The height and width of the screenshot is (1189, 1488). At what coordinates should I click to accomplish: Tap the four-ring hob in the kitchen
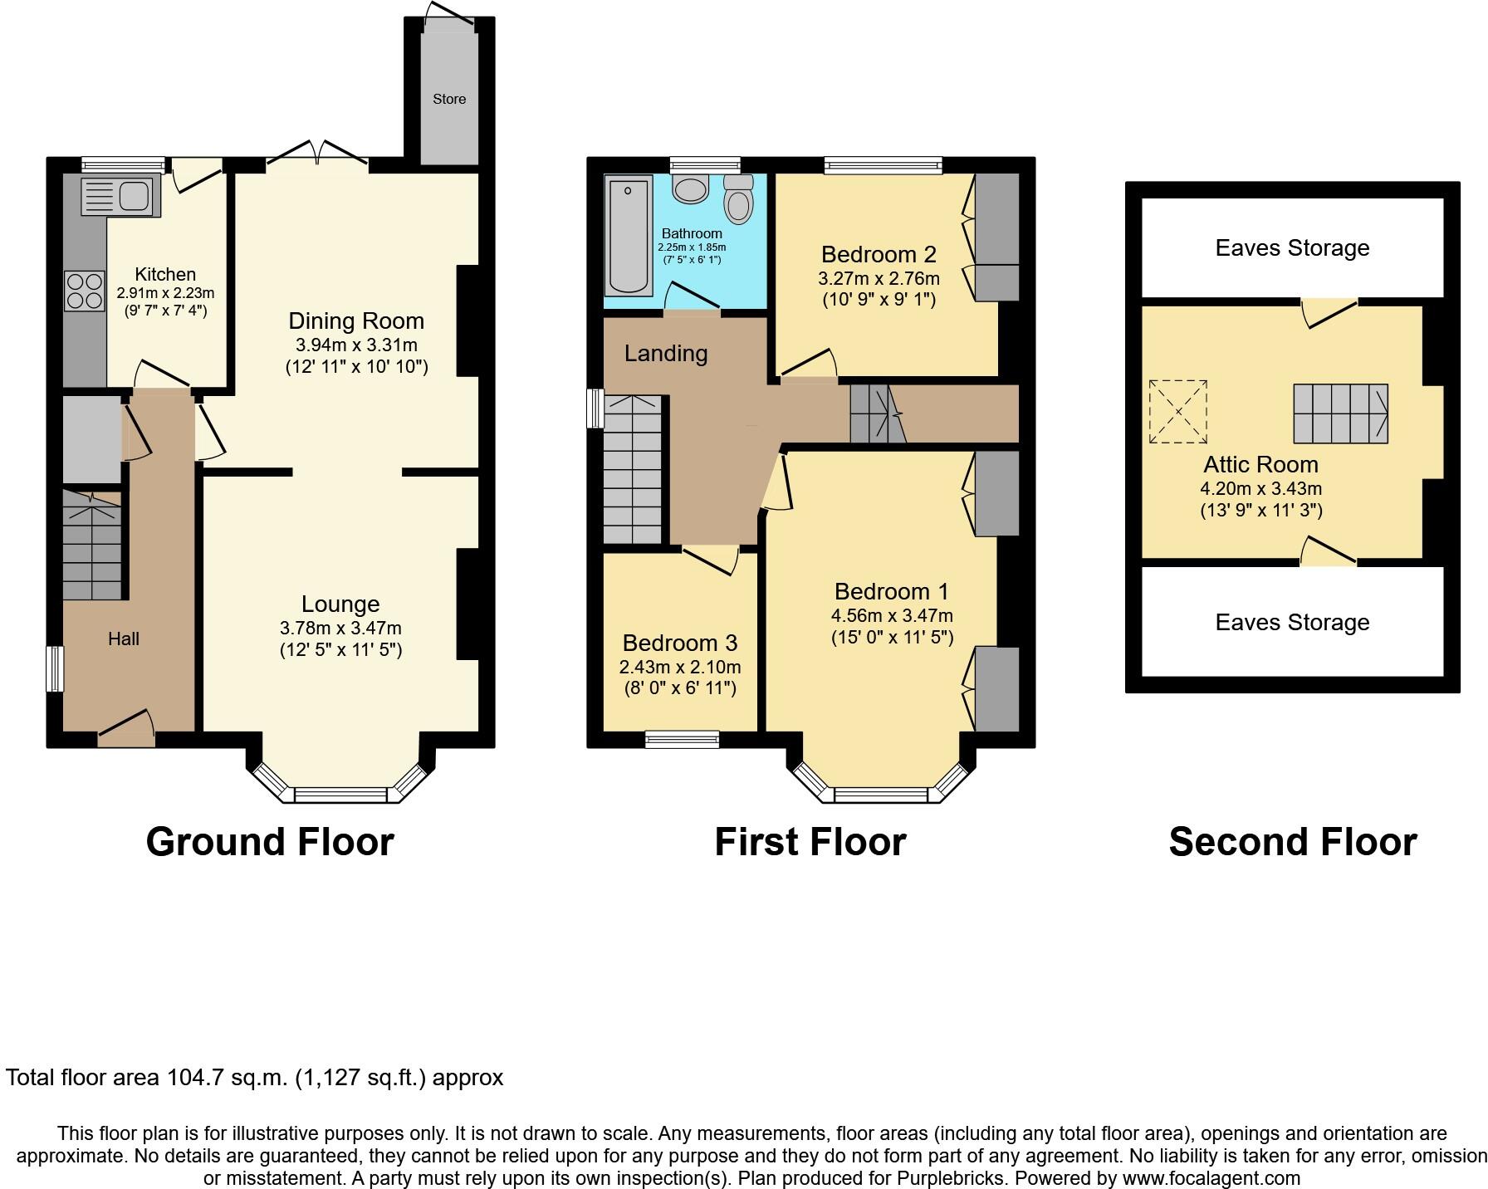tap(84, 291)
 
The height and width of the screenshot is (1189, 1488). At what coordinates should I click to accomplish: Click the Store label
tap(449, 99)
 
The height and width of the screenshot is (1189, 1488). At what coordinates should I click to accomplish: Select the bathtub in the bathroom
tap(628, 236)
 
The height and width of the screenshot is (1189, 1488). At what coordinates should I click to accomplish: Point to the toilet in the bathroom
tap(737, 198)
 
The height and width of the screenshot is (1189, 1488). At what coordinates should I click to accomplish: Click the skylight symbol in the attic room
tap(1177, 412)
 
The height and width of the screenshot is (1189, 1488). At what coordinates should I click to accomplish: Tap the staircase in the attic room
tap(1340, 413)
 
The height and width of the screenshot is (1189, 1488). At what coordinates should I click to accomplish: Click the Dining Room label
tap(356, 320)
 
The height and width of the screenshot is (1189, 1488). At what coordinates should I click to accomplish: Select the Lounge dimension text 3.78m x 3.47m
tap(340, 629)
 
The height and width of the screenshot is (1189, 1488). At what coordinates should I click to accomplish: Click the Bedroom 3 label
tap(679, 643)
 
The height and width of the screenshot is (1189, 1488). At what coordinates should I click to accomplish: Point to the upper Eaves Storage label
tap(1292, 247)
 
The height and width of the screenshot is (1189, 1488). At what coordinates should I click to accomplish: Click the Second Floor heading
tap(1292, 841)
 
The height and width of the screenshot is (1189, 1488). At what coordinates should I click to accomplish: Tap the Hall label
tap(124, 639)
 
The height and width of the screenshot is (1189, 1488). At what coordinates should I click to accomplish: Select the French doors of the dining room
tap(317, 157)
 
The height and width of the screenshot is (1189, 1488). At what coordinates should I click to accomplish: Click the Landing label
tap(666, 353)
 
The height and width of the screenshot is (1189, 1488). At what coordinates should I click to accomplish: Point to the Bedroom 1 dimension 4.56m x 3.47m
tap(892, 615)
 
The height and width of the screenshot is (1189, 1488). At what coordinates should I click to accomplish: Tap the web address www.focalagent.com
tap(1211, 1177)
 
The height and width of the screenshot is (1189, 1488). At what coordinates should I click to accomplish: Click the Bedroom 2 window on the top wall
tap(883, 164)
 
